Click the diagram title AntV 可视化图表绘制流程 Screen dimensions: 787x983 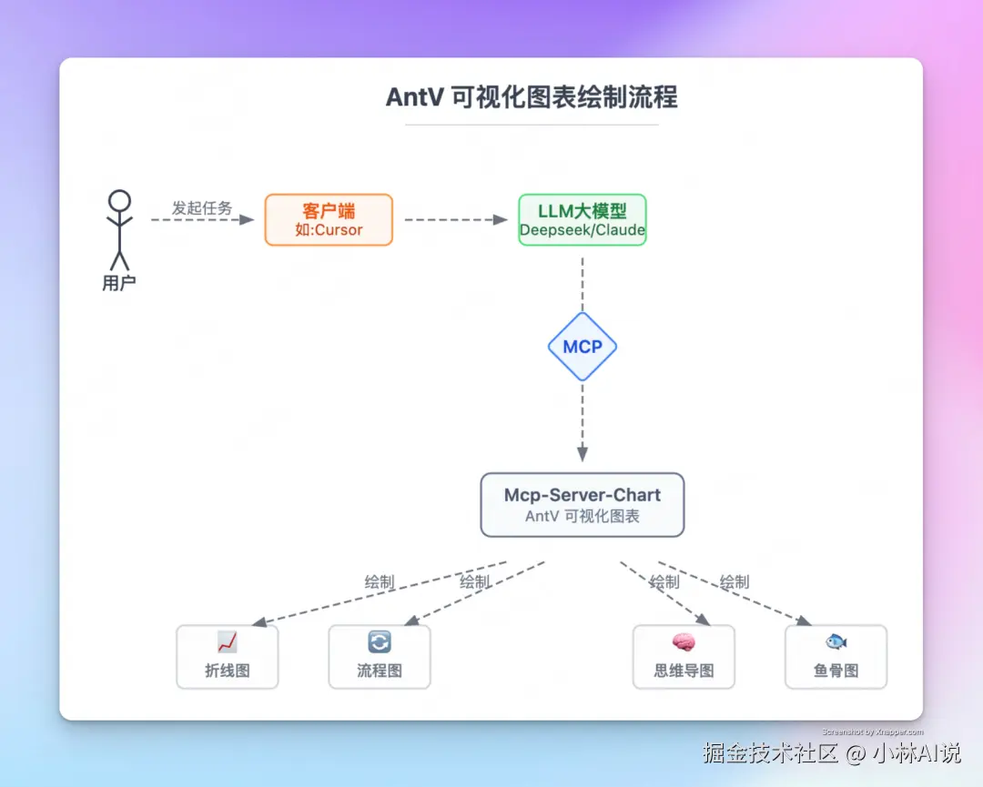(532, 97)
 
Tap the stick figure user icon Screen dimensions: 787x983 (119, 227)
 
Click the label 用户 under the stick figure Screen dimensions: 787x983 (119, 284)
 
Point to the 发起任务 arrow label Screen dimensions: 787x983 (202, 208)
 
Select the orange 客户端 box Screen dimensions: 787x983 (329, 219)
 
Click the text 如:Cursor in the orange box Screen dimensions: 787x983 (329, 230)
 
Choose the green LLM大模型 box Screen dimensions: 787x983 (582, 219)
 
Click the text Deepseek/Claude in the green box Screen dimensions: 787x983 (582, 230)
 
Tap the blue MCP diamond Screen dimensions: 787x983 (583, 347)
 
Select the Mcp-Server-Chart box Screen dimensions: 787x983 (583, 504)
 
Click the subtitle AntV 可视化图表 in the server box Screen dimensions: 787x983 (583, 517)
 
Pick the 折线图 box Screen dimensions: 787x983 (228, 656)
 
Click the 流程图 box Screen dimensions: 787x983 (380, 656)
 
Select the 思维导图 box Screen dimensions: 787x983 (684, 656)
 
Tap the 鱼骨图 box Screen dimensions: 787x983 (836, 656)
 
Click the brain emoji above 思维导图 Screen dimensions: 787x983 (684, 642)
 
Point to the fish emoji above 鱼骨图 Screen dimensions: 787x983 (836, 642)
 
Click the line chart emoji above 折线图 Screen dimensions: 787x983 (228, 642)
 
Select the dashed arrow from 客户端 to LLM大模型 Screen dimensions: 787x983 (455, 219)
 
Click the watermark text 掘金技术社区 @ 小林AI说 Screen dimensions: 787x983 (831, 753)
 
